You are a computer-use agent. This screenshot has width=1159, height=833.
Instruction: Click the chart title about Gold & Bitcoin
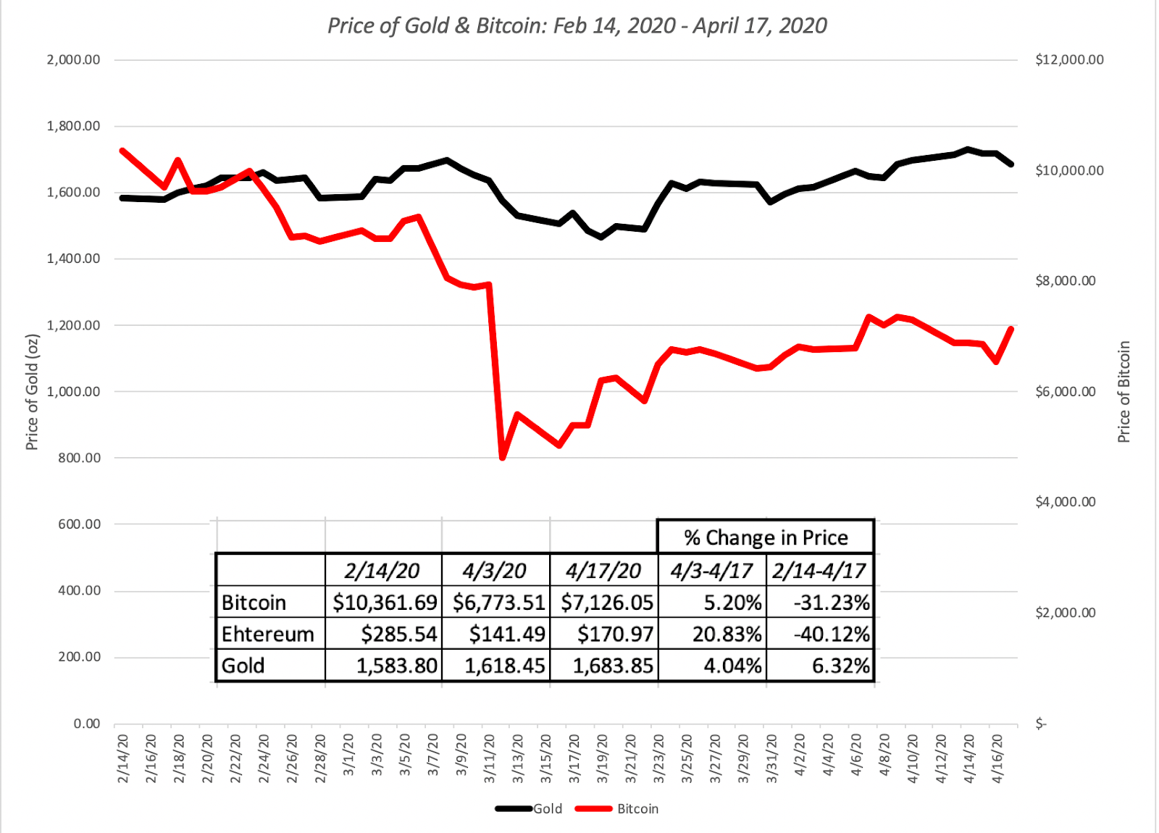point(577,26)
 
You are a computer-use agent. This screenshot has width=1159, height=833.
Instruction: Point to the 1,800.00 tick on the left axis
point(73,126)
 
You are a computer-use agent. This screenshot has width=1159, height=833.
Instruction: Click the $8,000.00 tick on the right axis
point(1065,281)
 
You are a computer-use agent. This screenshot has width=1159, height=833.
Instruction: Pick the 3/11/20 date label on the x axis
point(490,758)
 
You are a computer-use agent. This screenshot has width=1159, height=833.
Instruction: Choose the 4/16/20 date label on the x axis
point(998,758)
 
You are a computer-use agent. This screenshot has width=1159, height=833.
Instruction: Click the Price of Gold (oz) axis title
point(32,392)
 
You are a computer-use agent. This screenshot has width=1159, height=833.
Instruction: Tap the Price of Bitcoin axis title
point(1124,392)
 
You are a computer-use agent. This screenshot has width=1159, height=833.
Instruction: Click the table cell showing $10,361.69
point(384,603)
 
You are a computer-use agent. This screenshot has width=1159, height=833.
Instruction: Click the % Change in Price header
point(766,537)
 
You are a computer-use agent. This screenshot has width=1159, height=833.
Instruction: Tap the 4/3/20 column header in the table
point(495,571)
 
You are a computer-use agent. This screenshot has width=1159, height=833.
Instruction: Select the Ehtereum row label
point(267,635)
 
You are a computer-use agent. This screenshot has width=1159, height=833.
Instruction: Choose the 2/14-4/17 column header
point(819,571)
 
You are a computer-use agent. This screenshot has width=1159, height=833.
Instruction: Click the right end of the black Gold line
point(1011,164)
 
